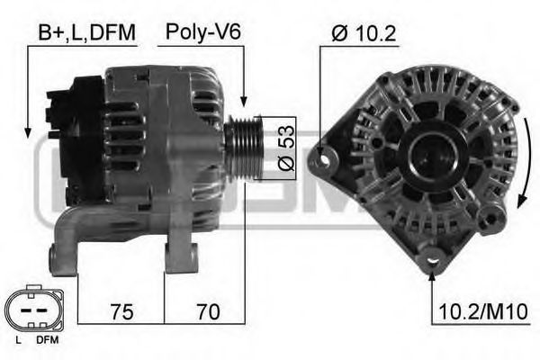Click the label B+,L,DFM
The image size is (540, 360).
click(86, 33)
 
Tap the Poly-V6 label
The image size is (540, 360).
click(202, 33)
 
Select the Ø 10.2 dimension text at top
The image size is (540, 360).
click(364, 33)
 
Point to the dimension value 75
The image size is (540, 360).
click(121, 311)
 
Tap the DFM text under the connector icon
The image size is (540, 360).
click(47, 341)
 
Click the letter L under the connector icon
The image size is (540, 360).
click(19, 341)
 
